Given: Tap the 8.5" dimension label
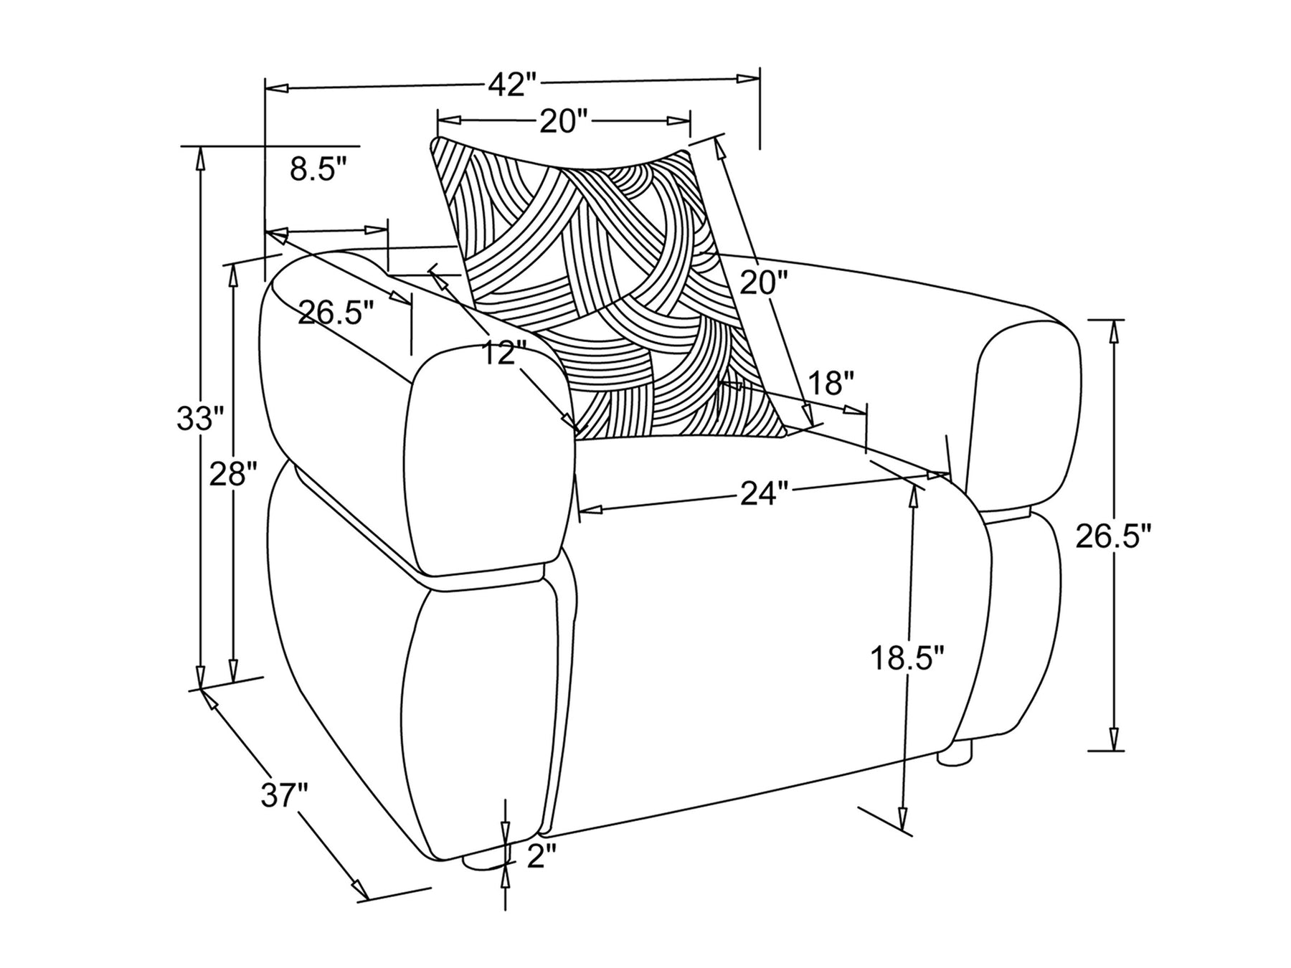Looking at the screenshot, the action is click(x=318, y=171).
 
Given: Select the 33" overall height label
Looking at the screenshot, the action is click(x=201, y=418).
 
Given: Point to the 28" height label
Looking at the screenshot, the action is click(x=233, y=473).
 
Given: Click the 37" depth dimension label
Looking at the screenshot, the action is click(x=284, y=795).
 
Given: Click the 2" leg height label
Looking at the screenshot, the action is click(x=542, y=876).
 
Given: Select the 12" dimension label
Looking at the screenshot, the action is click(x=504, y=353).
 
